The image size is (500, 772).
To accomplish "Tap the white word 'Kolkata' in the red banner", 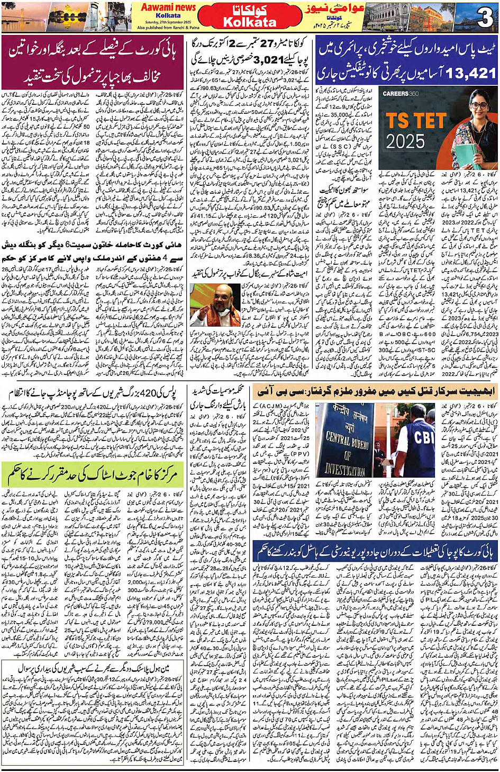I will click(250, 22).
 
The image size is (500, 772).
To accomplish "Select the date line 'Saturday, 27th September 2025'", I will click(168, 22).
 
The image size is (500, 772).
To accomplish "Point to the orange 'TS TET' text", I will click(415, 121).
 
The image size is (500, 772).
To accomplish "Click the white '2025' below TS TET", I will click(405, 141).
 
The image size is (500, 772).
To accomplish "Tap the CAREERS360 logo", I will click(401, 94).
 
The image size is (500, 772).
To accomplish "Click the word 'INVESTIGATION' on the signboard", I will click(345, 469).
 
